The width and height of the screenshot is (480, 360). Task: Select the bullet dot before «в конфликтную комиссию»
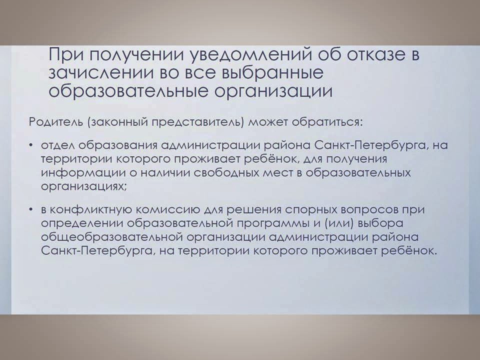pos(31,209)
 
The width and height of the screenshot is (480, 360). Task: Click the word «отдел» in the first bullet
pos(58,145)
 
